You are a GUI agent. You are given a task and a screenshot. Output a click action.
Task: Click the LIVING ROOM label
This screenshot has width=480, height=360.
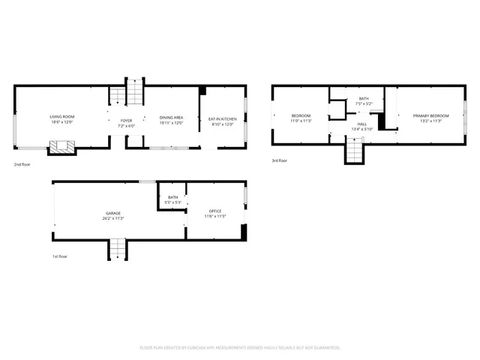click(x=61, y=118)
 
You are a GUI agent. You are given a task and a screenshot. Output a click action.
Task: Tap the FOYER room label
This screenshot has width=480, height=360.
click(x=126, y=120)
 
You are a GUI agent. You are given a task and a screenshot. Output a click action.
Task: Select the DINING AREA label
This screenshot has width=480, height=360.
click(x=171, y=118)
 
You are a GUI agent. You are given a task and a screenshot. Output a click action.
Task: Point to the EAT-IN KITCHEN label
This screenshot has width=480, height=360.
click(x=222, y=118)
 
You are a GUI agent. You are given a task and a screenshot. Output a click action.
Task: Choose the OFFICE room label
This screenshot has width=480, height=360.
click(x=215, y=211)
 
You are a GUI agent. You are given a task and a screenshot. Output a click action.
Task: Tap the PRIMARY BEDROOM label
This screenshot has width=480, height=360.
click(x=430, y=115)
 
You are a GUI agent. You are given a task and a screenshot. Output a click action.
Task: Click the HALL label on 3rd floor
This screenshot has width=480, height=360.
click(x=361, y=124)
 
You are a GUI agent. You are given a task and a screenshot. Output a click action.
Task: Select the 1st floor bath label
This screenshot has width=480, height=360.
click(x=172, y=197)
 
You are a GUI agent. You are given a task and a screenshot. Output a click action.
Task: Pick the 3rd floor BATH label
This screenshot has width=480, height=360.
click(x=364, y=99)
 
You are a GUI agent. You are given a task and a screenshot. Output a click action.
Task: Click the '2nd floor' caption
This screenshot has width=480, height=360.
click(x=22, y=163)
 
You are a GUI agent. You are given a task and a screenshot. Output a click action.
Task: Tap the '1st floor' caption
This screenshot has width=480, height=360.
click(x=61, y=256)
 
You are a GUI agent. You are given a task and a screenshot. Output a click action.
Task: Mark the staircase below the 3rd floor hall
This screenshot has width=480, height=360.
click(x=354, y=153)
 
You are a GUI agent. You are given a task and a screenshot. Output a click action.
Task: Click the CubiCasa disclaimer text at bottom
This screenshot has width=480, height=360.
click(x=240, y=347)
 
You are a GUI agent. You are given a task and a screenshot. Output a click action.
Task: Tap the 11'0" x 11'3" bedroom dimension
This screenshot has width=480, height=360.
click(x=301, y=120)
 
